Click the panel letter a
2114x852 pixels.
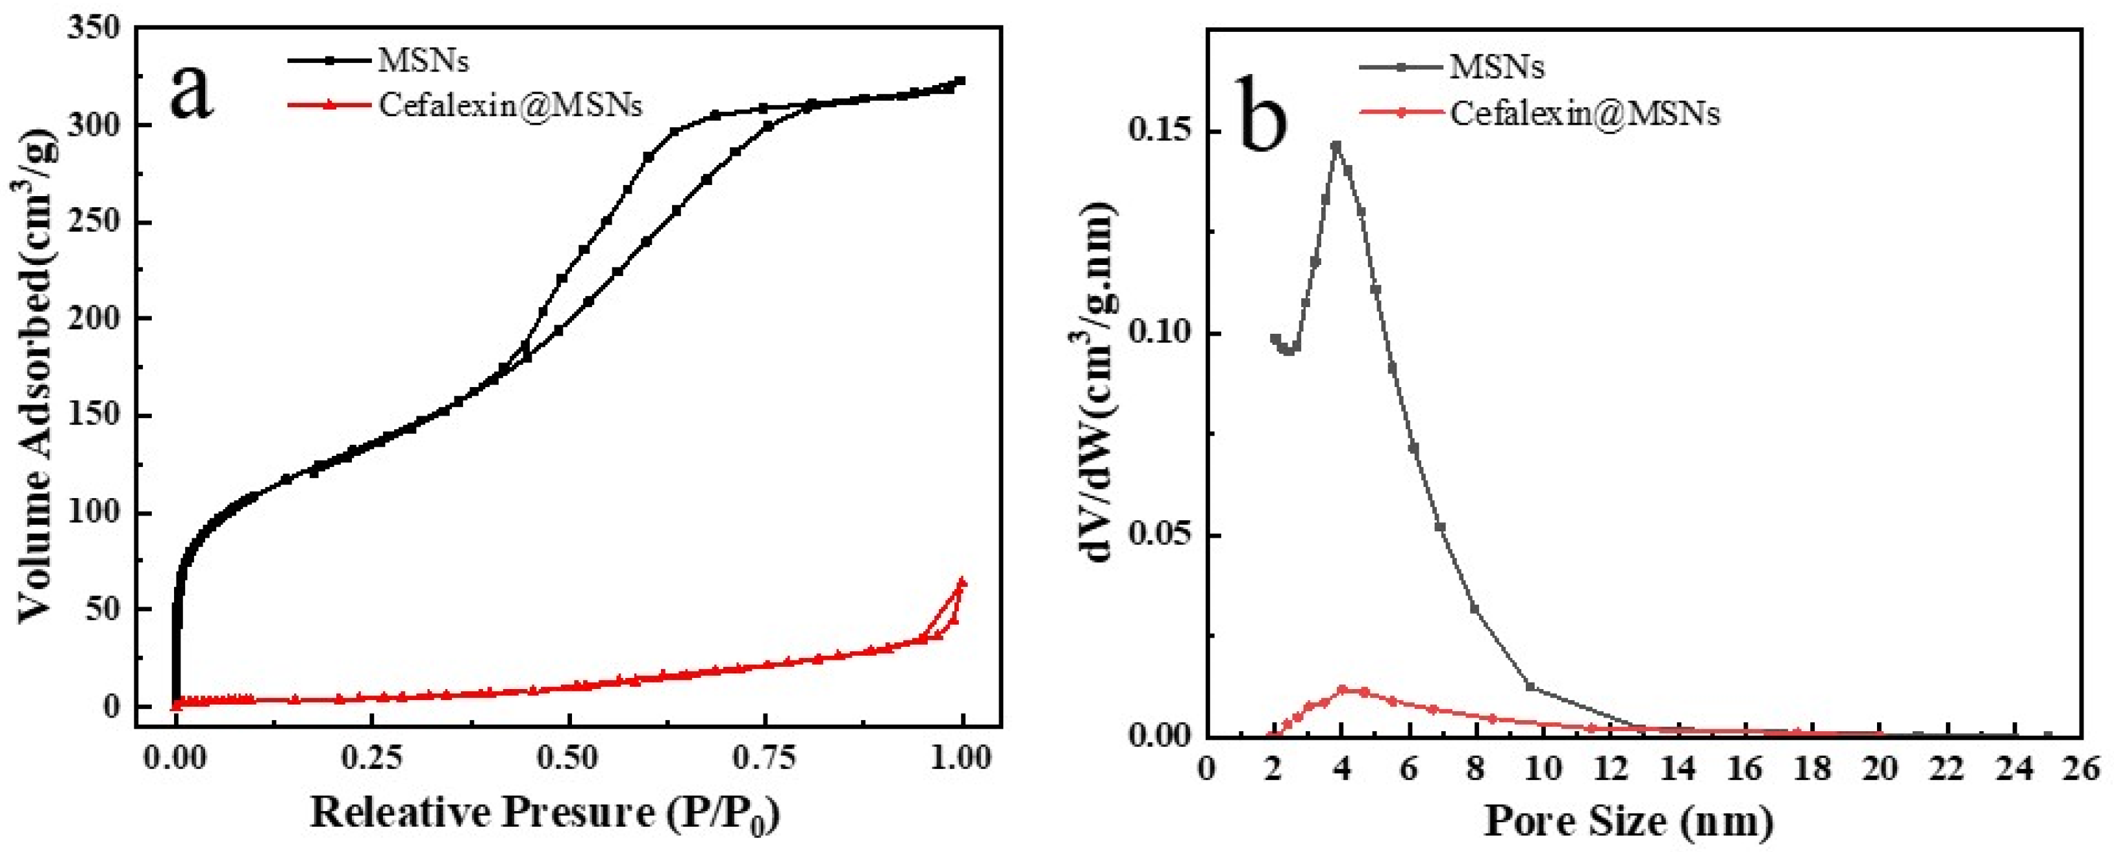(x=192, y=92)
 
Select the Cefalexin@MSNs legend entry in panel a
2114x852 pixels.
(x=509, y=105)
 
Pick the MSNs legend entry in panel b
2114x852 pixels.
(x=1496, y=66)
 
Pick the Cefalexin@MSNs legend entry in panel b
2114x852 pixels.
(x=1584, y=113)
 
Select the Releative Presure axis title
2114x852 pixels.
(x=544, y=814)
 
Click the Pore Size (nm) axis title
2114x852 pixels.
(x=1629, y=820)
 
